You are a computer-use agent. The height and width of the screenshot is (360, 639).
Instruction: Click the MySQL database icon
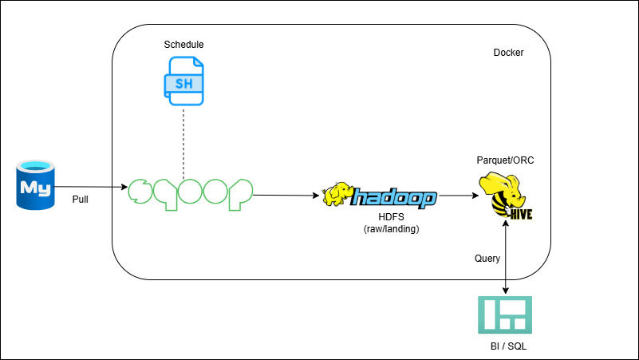(x=36, y=185)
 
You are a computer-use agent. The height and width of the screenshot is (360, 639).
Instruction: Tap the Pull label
(x=81, y=199)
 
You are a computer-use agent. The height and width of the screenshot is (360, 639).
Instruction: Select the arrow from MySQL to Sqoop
(x=92, y=187)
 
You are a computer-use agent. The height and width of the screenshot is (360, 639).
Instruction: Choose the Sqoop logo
(x=191, y=194)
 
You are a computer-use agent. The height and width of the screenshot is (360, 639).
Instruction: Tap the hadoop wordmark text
(x=393, y=197)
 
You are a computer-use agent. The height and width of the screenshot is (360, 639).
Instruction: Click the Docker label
(x=508, y=53)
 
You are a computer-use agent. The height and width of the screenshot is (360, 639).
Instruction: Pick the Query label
(x=487, y=258)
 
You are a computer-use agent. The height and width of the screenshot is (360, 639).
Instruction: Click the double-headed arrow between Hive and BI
(x=507, y=259)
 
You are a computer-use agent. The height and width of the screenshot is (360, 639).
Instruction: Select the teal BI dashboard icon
(x=505, y=315)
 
